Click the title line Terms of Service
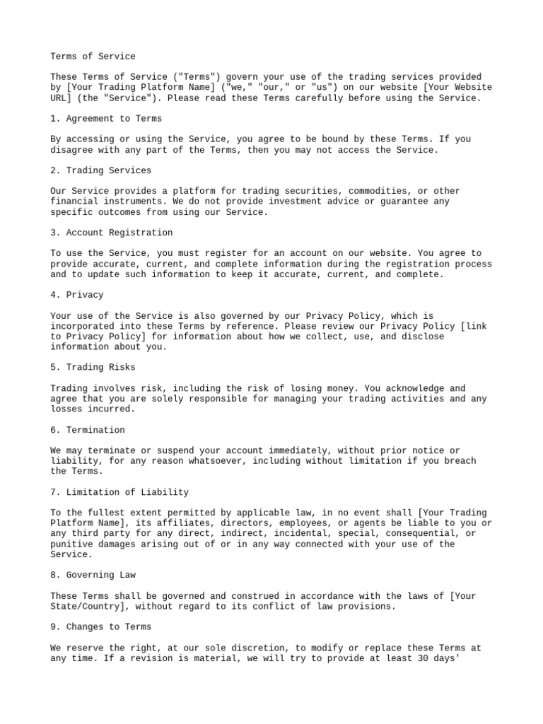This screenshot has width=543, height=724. point(93,56)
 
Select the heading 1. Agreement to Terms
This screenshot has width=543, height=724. point(106,119)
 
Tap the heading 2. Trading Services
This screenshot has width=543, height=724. point(101,170)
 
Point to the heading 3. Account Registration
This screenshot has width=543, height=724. point(111,233)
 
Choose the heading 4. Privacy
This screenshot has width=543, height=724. point(77,295)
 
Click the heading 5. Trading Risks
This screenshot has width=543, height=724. point(93,368)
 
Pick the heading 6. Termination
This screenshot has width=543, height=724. point(88,430)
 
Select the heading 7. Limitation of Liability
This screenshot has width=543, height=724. point(119,492)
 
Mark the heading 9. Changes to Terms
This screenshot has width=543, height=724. point(101,627)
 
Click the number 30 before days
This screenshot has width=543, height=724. point(445,658)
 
